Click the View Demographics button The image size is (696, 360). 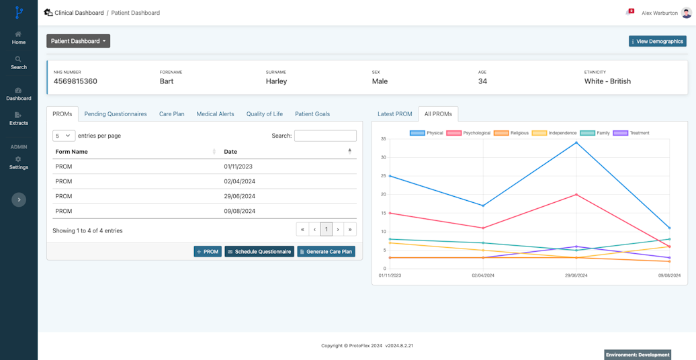point(658,42)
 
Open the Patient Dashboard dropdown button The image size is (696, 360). point(78,41)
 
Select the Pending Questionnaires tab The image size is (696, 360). point(116,114)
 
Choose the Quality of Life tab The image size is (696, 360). point(264,114)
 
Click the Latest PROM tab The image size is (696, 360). point(394,114)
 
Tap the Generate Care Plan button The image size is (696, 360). point(326,252)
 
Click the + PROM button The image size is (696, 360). point(208,252)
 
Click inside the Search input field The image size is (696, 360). point(325,136)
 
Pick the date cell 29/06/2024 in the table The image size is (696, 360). point(240,196)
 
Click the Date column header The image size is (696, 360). point(230,152)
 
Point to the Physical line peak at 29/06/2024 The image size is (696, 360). point(576,142)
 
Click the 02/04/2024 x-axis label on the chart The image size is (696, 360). point(483,275)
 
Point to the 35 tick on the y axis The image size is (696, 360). point(384,139)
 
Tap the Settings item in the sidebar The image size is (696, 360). point(19,163)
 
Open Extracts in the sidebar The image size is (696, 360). point(19,119)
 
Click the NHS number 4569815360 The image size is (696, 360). point(75,81)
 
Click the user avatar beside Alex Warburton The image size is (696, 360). point(687,13)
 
